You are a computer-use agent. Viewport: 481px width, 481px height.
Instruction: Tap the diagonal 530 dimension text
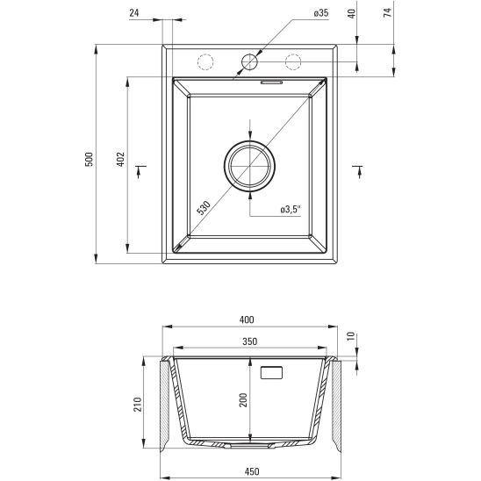coord(204,208)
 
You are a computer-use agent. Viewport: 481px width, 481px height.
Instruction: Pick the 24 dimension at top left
coord(133,13)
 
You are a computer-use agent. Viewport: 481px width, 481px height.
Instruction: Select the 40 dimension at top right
coord(351,14)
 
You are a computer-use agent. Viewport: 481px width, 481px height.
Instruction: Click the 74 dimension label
coord(386,14)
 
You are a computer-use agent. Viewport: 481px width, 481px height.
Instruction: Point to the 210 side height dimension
coord(137,405)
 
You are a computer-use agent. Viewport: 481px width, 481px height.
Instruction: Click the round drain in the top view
coord(250,164)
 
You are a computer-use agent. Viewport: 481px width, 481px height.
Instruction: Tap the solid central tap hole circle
coord(249,61)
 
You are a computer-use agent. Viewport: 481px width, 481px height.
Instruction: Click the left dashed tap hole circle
coord(205,61)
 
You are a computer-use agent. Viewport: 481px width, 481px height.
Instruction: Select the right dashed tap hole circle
coord(293,61)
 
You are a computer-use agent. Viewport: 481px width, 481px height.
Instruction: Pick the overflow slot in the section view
coord(272,371)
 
